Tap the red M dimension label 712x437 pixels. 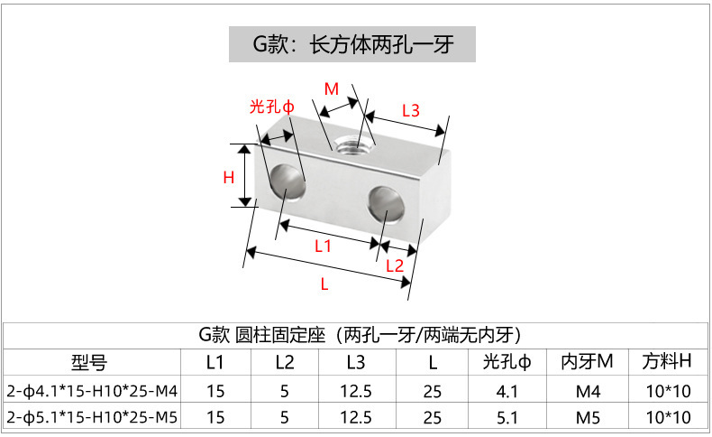(332, 88)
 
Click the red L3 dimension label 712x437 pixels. (410, 110)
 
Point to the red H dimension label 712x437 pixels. (228, 177)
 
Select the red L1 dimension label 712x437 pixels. (323, 246)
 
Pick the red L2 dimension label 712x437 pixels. (394, 265)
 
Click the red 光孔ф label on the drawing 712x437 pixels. (272, 107)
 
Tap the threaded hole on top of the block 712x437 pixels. (350, 144)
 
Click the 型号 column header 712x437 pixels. (89, 363)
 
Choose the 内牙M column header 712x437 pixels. (587, 363)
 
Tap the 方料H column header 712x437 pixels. (667, 363)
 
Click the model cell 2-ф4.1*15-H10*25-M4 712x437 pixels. (92, 391)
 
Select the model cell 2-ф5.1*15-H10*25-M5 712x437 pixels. (92, 417)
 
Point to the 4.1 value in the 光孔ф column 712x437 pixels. (507, 391)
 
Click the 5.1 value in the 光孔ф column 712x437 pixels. (507, 417)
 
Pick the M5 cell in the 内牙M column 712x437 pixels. (587, 417)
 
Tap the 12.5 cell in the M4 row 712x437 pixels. (356, 391)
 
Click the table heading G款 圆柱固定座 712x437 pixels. (355, 334)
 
